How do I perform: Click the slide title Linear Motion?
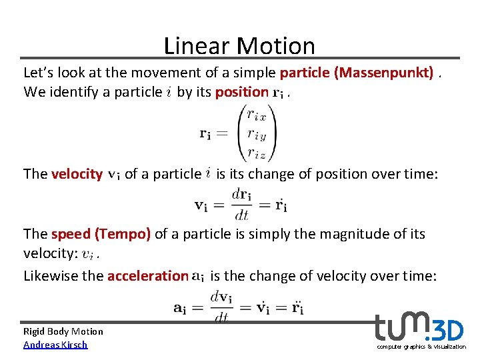[x=239, y=45]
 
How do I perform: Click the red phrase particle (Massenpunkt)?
[x=357, y=72]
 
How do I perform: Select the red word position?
[x=242, y=92]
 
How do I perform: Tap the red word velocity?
[x=77, y=174]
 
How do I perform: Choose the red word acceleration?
[x=147, y=275]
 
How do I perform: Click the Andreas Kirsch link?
[x=55, y=345]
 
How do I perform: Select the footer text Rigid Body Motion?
[x=63, y=331]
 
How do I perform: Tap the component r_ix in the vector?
[x=256, y=115]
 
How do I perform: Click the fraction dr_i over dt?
[x=241, y=205]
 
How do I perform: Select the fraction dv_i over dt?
[x=222, y=307]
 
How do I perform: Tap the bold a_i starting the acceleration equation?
[x=180, y=308]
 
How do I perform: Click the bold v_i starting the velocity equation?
[x=202, y=205]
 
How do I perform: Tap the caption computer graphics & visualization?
[x=421, y=347]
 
